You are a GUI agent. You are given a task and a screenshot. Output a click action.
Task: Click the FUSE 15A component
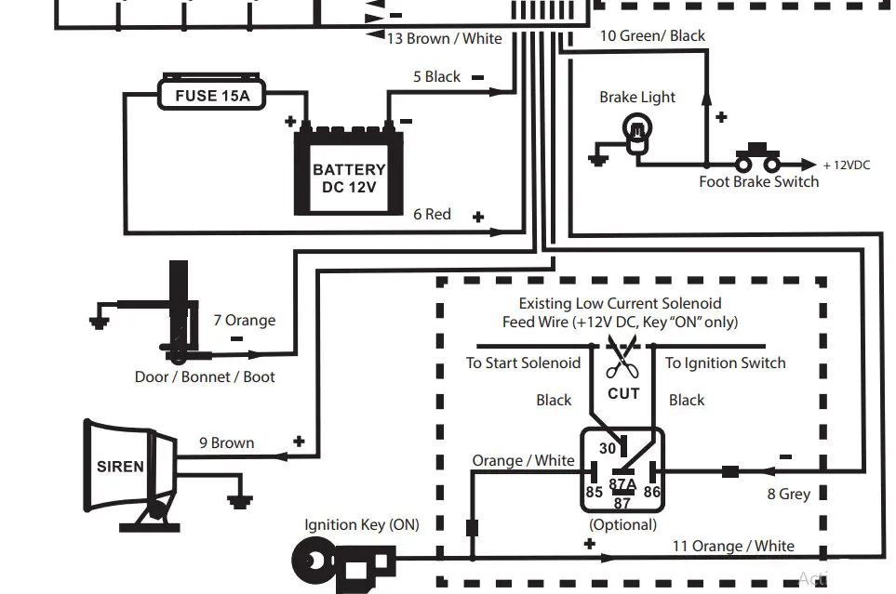click(212, 95)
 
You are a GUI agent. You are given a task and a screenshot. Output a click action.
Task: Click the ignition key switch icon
click(344, 561)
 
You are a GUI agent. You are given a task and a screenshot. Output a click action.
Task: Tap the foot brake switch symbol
click(756, 158)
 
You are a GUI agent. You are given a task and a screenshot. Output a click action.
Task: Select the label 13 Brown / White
click(444, 38)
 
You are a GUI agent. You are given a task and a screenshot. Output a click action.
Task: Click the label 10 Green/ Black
click(652, 35)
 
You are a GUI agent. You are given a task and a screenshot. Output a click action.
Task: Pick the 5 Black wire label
click(436, 76)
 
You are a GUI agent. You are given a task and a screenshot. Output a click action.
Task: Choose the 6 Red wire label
click(432, 214)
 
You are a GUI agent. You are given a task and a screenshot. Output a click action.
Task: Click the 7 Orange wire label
click(244, 321)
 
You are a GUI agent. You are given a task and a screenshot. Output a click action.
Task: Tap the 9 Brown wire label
click(226, 442)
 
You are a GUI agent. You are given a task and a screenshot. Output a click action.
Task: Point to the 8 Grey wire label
click(788, 494)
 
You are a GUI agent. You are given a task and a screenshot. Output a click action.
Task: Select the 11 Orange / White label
click(733, 546)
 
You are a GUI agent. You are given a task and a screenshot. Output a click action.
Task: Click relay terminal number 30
click(607, 448)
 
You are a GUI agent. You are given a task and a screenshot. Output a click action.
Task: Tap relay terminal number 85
click(594, 492)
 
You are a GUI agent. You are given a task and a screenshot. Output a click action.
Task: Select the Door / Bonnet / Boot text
click(205, 376)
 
